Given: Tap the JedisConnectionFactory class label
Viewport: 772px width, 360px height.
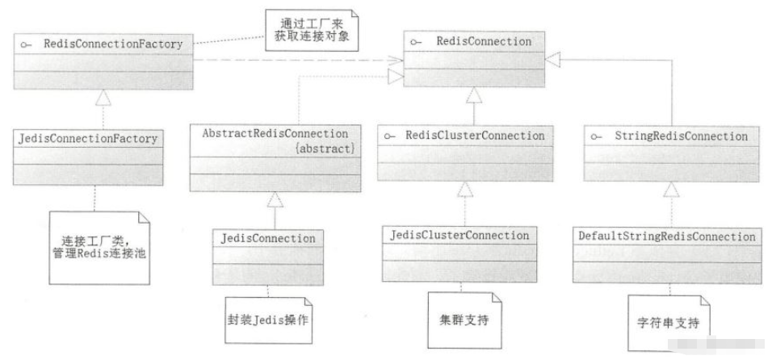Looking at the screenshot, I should pos(86,139).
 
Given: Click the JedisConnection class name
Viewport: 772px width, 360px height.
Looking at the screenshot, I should pos(267,239).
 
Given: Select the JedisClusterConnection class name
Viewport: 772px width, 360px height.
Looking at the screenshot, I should pos(459,235).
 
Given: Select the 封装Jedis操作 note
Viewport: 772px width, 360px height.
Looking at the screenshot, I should pos(269,318).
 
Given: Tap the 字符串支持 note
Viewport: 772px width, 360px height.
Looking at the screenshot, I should pos(667,320).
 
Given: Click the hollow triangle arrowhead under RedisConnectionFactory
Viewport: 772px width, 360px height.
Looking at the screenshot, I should pos(103,98).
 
